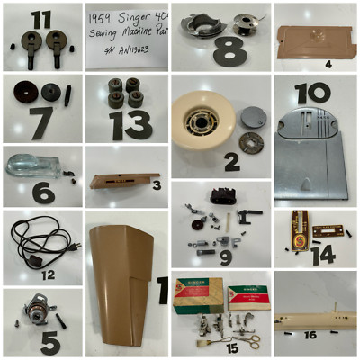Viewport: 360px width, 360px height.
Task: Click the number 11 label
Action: point(41,19)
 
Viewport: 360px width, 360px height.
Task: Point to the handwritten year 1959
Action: point(102,19)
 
